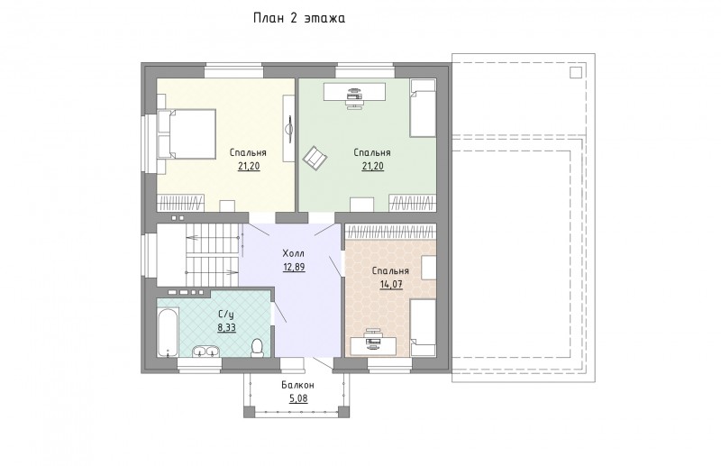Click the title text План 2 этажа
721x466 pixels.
pos(299,18)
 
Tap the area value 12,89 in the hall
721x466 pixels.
pos(294,267)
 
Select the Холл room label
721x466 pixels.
pos(294,253)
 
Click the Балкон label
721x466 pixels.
pos(298,385)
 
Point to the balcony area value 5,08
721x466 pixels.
pos(298,398)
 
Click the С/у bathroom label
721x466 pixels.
pos(226,315)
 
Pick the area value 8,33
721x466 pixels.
pos(226,327)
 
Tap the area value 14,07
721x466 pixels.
pos(391,284)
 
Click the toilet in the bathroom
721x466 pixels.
pos(257,347)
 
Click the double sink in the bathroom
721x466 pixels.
pos(206,351)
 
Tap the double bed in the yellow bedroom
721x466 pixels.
pos(187,134)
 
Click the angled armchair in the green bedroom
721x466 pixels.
pos(315,158)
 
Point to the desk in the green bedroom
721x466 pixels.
pos(354,92)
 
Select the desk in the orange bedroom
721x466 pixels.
pos(373,346)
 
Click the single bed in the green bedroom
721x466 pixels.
pos(423,108)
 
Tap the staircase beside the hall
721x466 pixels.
pos(213,254)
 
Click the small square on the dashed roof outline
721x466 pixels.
pos(576,73)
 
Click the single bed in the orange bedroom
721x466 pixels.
pos(423,328)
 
